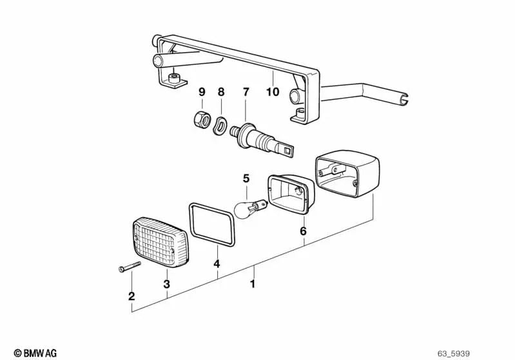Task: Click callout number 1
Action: coord(253,283)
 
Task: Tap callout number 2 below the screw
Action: coord(131,296)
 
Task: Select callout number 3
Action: coord(167,283)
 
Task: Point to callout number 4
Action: coord(217,263)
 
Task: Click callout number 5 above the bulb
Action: coord(245,178)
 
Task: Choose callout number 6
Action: coord(303,231)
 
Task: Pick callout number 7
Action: coord(245,92)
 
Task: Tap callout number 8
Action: coord(221,92)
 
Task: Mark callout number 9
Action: coord(201,92)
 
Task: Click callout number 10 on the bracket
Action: coord(273,92)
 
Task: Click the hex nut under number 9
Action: coord(200,119)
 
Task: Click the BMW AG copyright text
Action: coord(32,352)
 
